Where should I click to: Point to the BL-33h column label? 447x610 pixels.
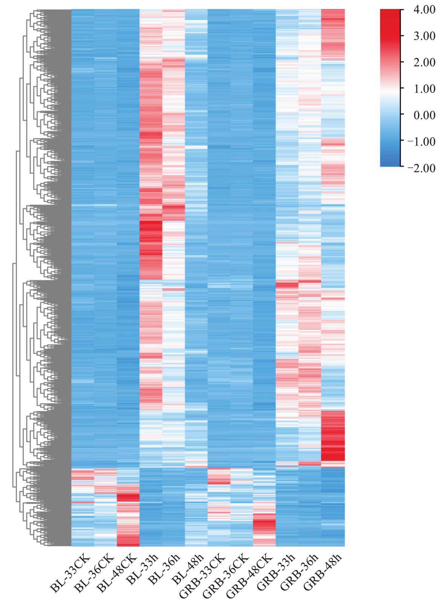pos(140,569)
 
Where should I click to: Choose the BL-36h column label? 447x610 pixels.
pos(163,569)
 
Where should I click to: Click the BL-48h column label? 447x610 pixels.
pos(186,569)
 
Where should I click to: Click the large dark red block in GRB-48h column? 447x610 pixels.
pos(333,438)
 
